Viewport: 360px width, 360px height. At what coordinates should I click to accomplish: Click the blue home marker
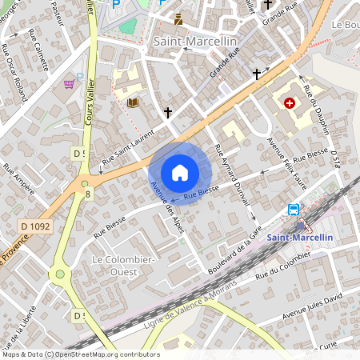(x=180, y=172)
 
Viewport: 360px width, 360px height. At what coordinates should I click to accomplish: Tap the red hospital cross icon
(x=289, y=103)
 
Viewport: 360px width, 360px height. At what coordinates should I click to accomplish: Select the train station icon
(x=294, y=210)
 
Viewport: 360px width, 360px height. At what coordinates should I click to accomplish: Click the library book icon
(x=133, y=102)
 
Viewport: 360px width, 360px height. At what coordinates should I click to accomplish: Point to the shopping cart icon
(x=70, y=82)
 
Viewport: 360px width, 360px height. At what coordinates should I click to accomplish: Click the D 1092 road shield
(x=35, y=227)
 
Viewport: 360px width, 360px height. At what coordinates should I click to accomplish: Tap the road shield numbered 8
(x=87, y=193)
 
